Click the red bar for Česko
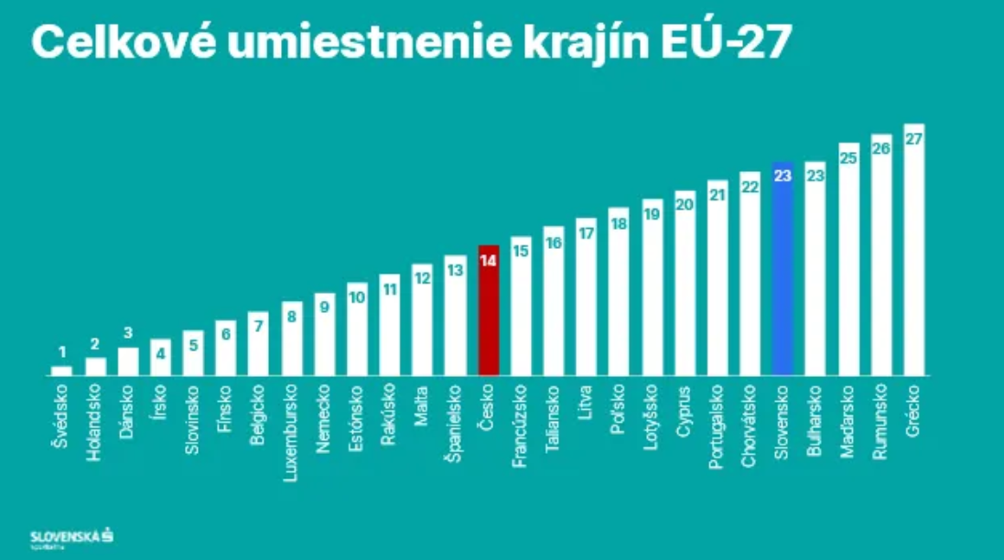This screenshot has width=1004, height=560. (489, 311)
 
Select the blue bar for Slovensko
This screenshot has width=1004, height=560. (783, 270)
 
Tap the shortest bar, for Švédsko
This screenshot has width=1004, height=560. (61, 371)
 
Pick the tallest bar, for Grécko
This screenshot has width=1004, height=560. (913, 252)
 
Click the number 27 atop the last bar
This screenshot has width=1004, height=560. (913, 139)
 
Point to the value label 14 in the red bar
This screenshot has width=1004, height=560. (489, 260)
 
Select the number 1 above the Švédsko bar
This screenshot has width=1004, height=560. (62, 352)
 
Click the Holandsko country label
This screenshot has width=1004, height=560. (94, 426)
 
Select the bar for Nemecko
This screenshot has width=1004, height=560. (324, 334)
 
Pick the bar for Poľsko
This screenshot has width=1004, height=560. (619, 293)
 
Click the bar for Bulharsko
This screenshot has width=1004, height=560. (815, 270)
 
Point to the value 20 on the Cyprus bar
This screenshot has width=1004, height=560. (685, 205)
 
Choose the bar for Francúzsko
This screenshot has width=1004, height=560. (521, 307)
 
